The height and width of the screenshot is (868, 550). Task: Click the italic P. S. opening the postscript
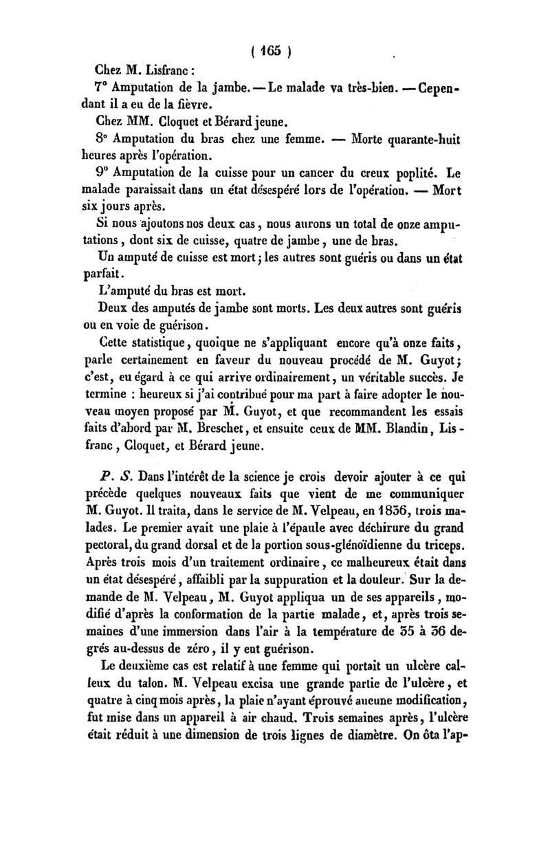click(x=111, y=475)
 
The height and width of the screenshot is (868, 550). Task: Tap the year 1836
click(x=365, y=510)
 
